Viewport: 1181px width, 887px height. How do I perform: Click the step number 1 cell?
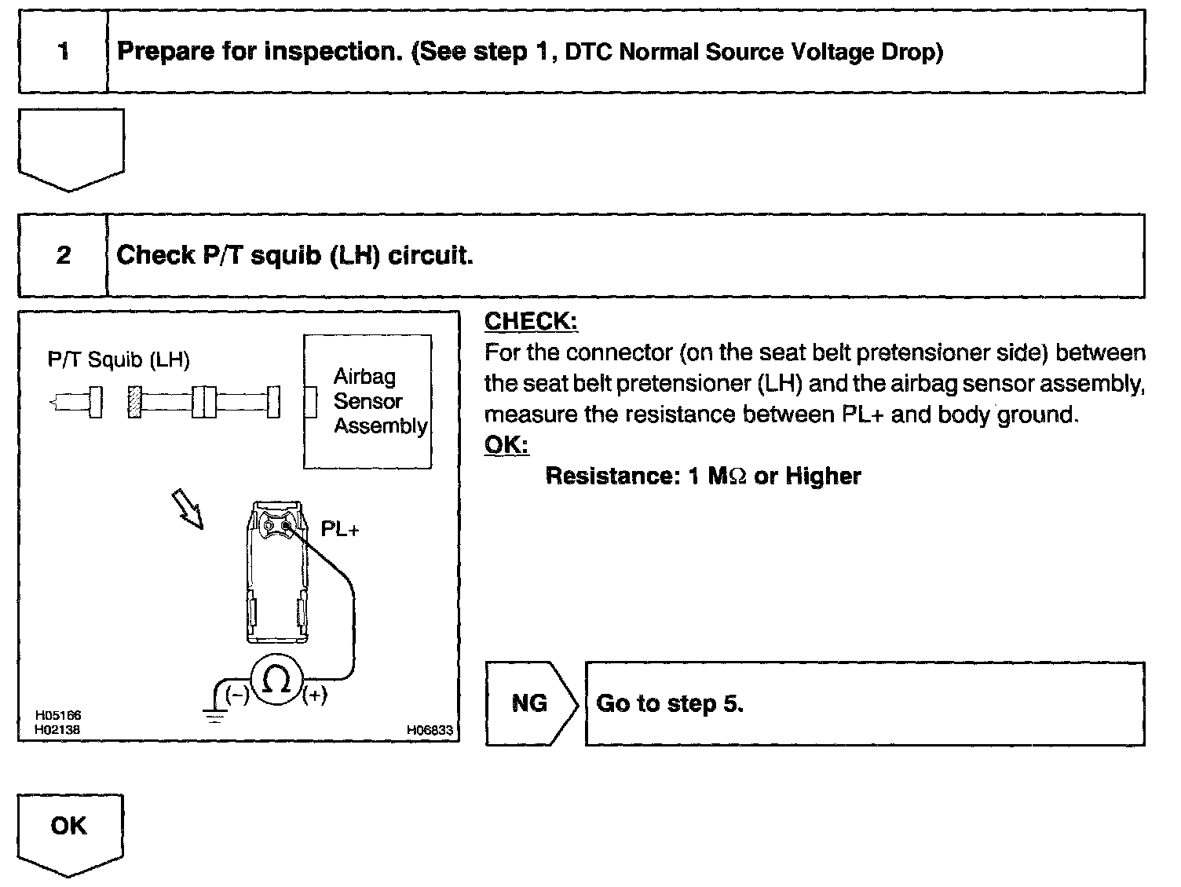[63, 53]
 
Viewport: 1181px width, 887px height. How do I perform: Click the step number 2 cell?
[63, 256]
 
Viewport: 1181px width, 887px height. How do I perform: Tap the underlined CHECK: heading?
[531, 321]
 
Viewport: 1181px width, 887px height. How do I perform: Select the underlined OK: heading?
[506, 445]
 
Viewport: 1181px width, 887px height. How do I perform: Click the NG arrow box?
[530, 703]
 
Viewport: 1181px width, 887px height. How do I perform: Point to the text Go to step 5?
[670, 703]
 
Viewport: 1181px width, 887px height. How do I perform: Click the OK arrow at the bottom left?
[70, 830]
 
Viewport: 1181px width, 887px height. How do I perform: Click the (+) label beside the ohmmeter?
[315, 695]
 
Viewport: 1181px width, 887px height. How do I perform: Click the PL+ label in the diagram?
[340, 530]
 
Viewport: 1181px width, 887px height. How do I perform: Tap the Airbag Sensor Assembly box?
[367, 401]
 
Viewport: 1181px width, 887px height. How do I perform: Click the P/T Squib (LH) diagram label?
[119, 360]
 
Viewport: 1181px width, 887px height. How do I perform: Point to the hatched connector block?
[134, 402]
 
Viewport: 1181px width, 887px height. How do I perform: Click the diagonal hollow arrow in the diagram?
[188, 509]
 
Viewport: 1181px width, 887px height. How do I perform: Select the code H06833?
[430, 730]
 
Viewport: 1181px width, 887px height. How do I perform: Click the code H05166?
[58, 716]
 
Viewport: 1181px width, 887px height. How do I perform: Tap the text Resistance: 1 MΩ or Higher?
[703, 476]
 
